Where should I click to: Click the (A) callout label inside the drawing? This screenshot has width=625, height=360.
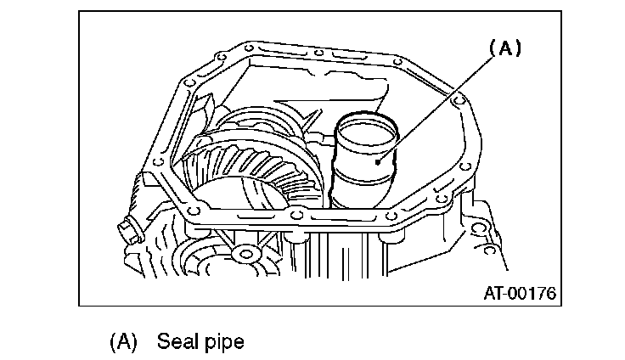coord(504,49)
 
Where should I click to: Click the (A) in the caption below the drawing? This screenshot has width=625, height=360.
coord(123,342)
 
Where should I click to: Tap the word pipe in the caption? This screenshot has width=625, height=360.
coord(225,342)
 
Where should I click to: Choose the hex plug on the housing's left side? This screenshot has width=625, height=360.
coord(128,229)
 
